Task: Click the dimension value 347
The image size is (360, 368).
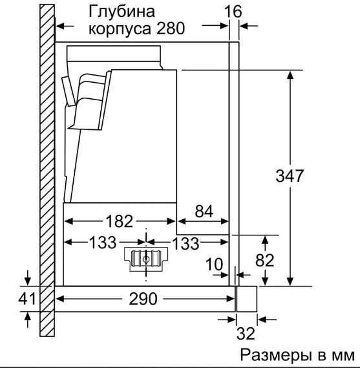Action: pos(290,176)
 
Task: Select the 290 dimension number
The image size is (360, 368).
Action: pos(143,299)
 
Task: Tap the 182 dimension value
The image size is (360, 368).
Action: pos(120,221)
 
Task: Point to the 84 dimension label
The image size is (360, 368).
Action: pos(204,211)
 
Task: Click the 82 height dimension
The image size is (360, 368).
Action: pos(265,260)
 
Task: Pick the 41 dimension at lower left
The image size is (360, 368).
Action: pos(27,299)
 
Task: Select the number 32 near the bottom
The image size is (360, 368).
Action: pos(246,333)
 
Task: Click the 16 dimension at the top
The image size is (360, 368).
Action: pos(233,11)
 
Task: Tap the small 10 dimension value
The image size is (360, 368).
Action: pos(214,264)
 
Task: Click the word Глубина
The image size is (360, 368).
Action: pos(122,11)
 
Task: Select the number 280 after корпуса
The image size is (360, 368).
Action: pos(171,28)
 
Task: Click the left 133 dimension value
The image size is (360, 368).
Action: pos(103,242)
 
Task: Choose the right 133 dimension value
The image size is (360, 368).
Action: pos(185,243)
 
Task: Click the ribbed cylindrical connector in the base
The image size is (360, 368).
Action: pos(146,259)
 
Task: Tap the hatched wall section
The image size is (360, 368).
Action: pos(47,170)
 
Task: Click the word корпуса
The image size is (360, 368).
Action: pos(121,29)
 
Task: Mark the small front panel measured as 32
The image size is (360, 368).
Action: pos(247,299)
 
